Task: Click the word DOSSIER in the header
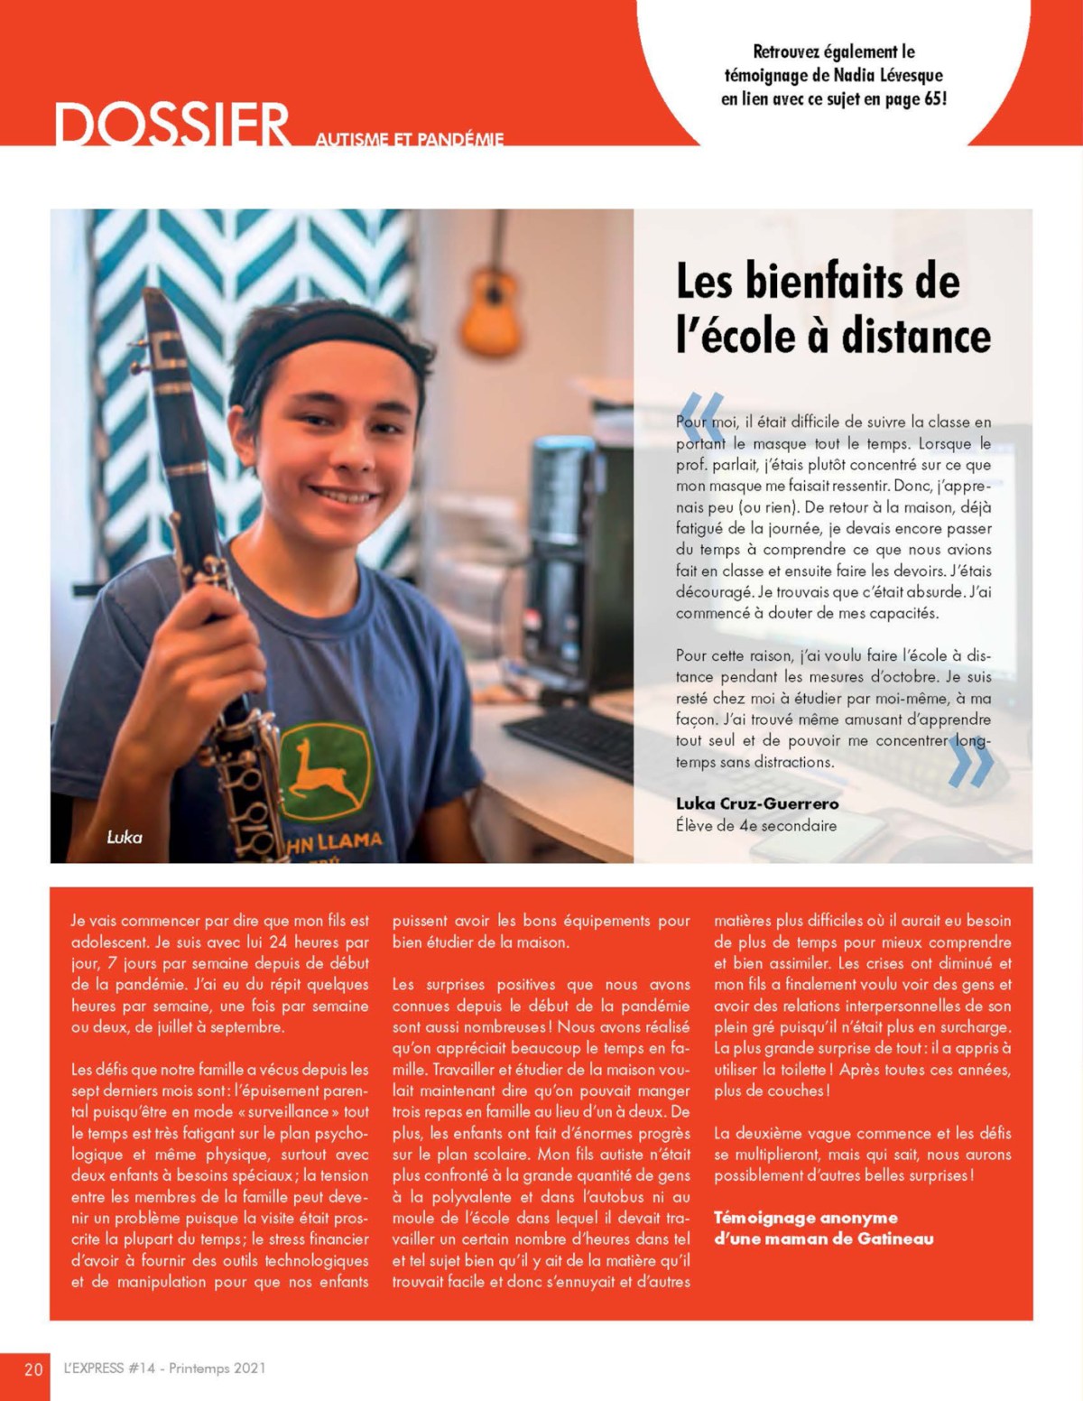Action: (x=171, y=125)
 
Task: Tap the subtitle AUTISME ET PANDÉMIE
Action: (x=410, y=138)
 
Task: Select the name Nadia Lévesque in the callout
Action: (x=890, y=75)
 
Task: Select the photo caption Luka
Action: (x=125, y=837)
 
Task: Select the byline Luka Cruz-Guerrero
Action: (x=757, y=803)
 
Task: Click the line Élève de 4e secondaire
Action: (x=756, y=825)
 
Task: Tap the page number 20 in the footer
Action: (x=33, y=1369)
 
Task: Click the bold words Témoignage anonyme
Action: (x=806, y=1218)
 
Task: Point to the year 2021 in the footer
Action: (x=249, y=1369)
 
